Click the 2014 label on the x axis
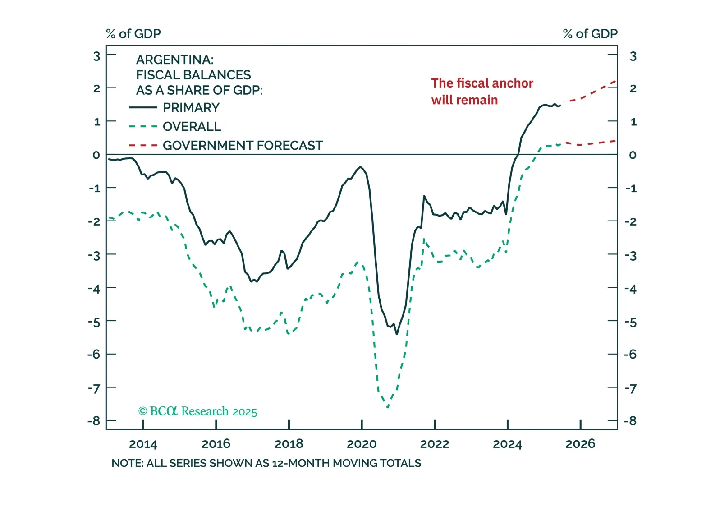pyautogui.click(x=143, y=444)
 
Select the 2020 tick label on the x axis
pyautogui.click(x=362, y=444)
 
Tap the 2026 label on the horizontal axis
pyautogui.click(x=580, y=444)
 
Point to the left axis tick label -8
pyautogui.click(x=94, y=421)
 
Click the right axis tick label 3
pyautogui.click(x=633, y=56)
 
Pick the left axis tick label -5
pyautogui.click(x=94, y=322)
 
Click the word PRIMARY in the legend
pyautogui.click(x=191, y=108)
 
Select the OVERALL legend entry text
pyautogui.click(x=192, y=127)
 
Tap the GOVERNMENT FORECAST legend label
pyautogui.click(x=243, y=146)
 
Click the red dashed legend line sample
pyautogui.click(x=143, y=146)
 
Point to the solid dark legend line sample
pyautogui.click(x=143, y=108)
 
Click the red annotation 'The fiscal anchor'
pyautogui.click(x=482, y=83)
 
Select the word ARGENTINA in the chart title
pyautogui.click(x=174, y=60)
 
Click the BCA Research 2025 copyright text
pyautogui.click(x=197, y=411)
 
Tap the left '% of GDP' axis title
pyautogui.click(x=133, y=34)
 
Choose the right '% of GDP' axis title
pyautogui.click(x=590, y=34)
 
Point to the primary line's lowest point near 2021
pyautogui.click(x=397, y=334)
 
